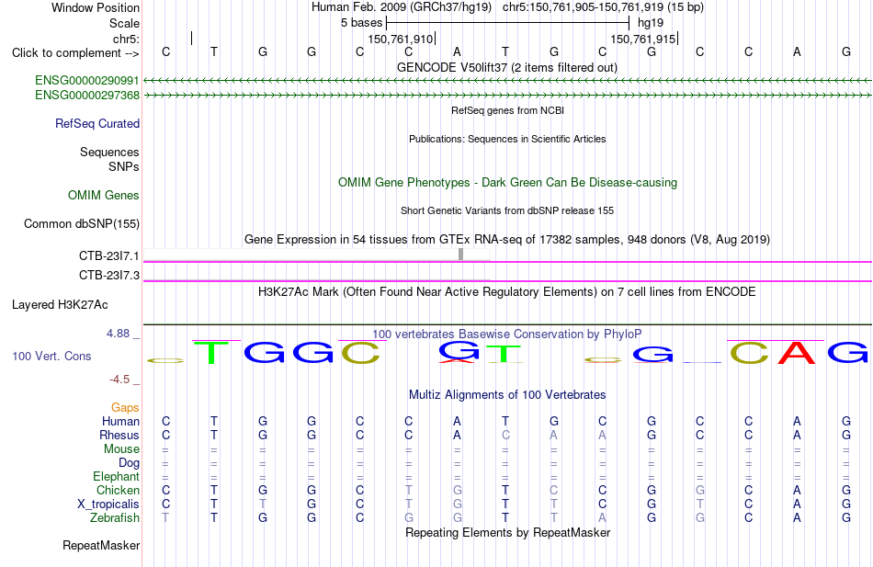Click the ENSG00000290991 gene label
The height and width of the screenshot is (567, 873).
click(x=87, y=80)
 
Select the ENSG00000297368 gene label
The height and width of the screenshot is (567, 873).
click(x=87, y=96)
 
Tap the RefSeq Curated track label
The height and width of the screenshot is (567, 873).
click(x=97, y=124)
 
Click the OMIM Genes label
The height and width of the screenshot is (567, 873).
click(x=104, y=195)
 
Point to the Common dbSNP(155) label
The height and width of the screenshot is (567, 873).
click(x=82, y=224)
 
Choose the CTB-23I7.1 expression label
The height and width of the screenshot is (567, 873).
click(x=109, y=256)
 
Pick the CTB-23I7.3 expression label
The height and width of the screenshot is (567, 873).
click(x=109, y=275)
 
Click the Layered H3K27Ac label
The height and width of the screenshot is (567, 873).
click(x=60, y=305)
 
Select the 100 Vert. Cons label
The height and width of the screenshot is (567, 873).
click(x=51, y=356)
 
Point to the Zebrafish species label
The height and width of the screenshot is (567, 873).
click(x=115, y=518)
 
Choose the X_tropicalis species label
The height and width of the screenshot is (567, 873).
click(x=108, y=505)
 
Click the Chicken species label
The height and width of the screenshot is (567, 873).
click(x=118, y=490)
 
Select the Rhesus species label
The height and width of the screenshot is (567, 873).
click(x=119, y=435)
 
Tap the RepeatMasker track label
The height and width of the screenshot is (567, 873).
click(x=101, y=545)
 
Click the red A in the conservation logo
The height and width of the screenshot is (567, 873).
click(x=797, y=352)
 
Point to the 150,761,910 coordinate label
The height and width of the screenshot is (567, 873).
click(x=400, y=39)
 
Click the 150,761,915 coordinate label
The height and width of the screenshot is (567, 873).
click(x=642, y=39)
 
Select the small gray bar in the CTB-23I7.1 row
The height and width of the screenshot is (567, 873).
click(x=461, y=254)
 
